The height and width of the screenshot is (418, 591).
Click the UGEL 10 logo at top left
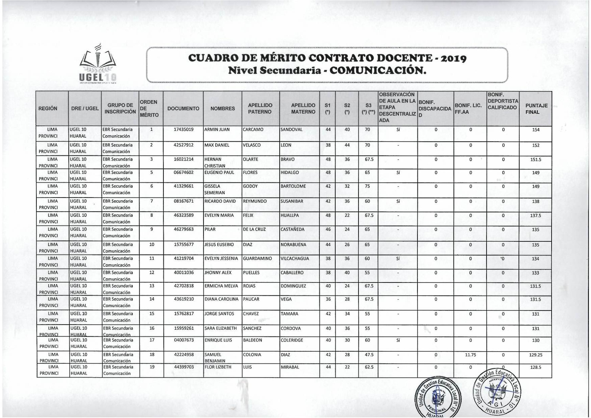[98, 64]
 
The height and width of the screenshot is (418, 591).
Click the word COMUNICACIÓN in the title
[377, 70]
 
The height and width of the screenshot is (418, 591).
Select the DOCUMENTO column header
[183, 109]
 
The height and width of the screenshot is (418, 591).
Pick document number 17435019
[184, 130]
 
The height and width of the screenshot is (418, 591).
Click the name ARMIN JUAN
[217, 130]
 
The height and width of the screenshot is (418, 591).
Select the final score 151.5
[535, 160]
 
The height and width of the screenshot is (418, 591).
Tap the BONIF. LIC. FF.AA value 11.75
[470, 355]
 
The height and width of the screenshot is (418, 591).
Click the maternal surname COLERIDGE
[292, 340]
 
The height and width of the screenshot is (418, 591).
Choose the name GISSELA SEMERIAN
[215, 189]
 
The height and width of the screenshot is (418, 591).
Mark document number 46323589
[184, 215]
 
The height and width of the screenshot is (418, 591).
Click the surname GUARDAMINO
[257, 259]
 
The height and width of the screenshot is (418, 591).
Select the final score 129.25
[535, 355]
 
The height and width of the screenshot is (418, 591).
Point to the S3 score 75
[367, 186]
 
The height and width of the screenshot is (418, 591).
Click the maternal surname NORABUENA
[293, 245]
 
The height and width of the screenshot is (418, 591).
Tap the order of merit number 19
[152, 367]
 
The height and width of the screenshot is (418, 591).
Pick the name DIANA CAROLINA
[221, 299]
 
